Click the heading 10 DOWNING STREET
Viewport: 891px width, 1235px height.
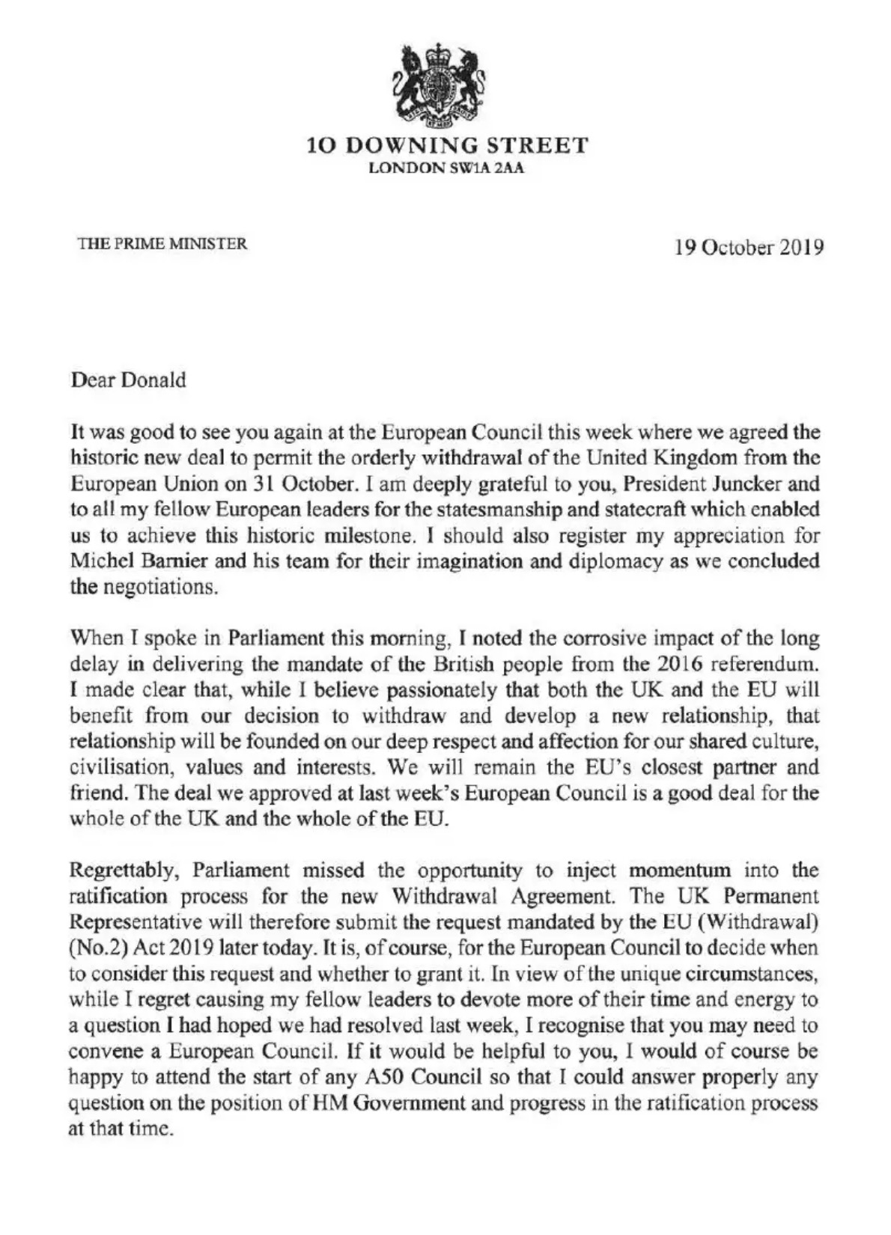click(448, 144)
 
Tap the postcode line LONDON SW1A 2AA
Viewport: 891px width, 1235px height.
click(448, 168)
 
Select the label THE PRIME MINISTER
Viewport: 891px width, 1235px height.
click(162, 243)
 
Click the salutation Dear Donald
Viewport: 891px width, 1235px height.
click(128, 380)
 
